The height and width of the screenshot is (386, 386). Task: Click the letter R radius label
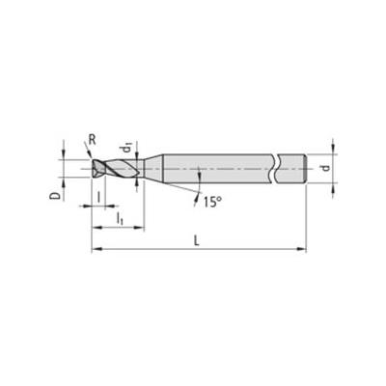pos(92,140)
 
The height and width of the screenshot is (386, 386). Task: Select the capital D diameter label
pos(55,196)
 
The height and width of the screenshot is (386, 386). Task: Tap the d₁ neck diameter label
pos(126,149)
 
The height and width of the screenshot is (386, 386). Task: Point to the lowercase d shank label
pos(326,168)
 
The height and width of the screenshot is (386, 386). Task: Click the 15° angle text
pos(212,202)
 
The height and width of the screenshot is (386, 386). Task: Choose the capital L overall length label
pos(197,240)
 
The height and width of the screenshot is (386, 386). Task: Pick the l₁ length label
pos(120,219)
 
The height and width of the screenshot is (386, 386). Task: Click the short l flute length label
pos(98,197)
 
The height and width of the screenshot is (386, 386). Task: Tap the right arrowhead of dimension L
pos(301,249)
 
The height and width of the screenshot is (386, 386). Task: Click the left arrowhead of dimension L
pos(96,249)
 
